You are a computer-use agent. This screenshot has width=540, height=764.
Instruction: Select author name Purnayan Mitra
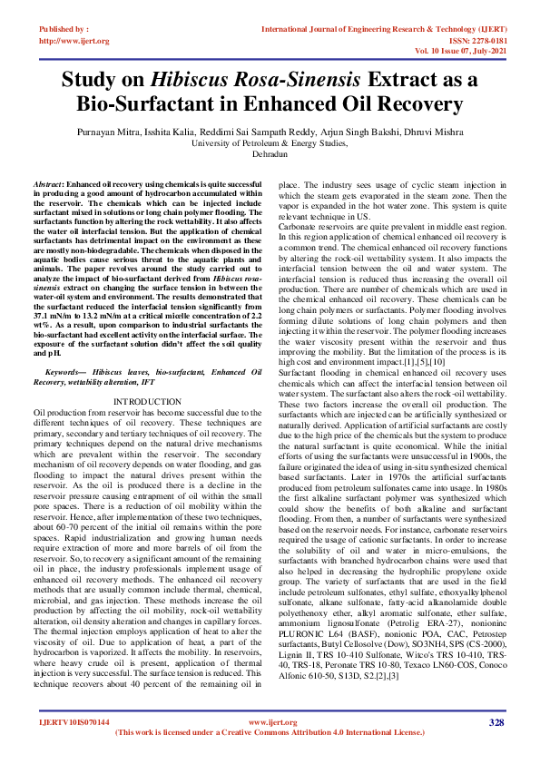pyautogui.click(x=128, y=131)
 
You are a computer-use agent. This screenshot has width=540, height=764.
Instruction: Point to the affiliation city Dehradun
pyautogui.click(x=270, y=154)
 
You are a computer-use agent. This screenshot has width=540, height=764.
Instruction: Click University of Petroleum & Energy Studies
pyautogui.click(x=270, y=142)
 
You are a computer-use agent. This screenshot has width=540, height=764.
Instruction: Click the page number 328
pyautogui.click(x=496, y=723)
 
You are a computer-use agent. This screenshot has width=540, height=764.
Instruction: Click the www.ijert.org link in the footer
pyautogui.click(x=270, y=722)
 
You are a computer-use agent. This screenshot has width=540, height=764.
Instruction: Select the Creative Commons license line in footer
pyautogui.click(x=270, y=732)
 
